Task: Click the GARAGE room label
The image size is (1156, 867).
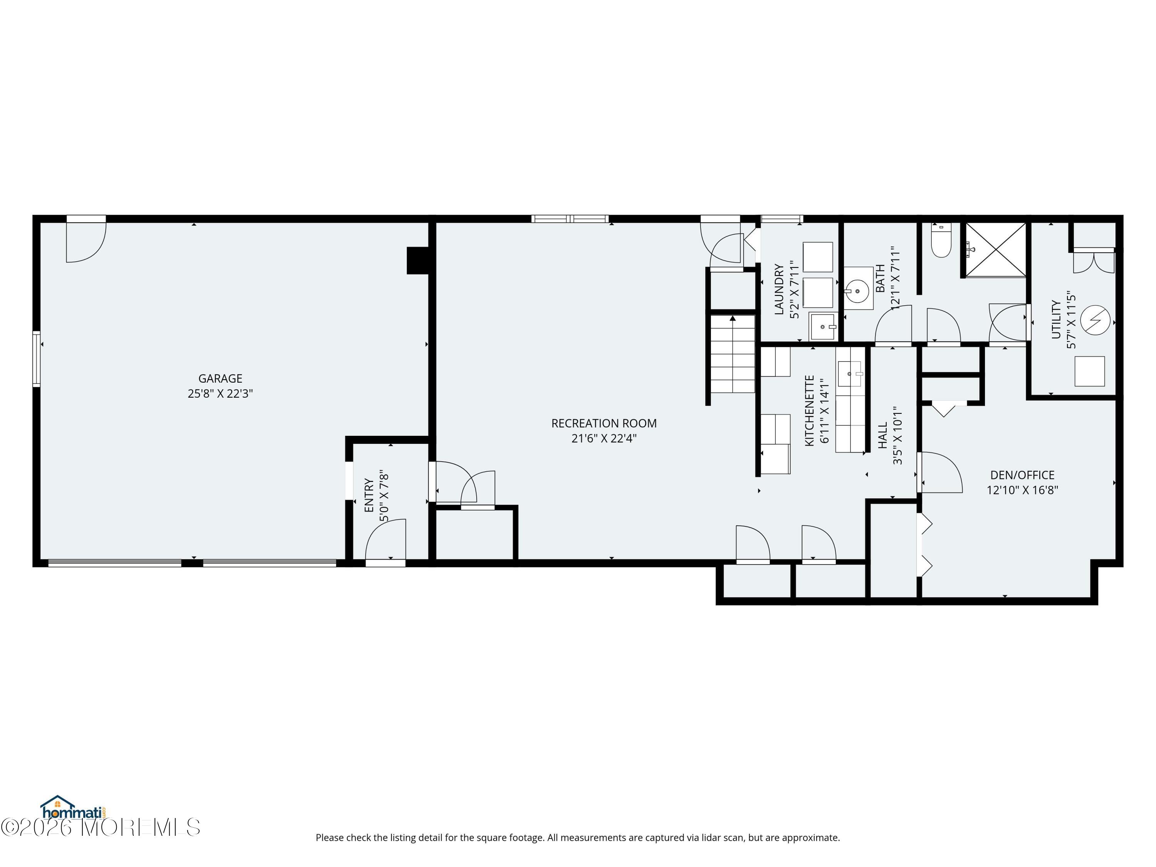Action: (x=220, y=378)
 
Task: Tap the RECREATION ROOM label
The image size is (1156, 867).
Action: (x=603, y=423)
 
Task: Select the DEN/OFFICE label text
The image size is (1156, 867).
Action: (x=1022, y=475)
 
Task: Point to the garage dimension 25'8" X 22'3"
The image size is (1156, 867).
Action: (x=220, y=393)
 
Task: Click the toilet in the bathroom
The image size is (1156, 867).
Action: (x=942, y=240)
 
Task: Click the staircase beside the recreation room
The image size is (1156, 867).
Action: (x=732, y=354)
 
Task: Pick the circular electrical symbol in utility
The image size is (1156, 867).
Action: (x=1095, y=320)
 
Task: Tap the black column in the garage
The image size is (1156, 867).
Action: (x=418, y=260)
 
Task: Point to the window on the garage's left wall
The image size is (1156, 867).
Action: (x=37, y=358)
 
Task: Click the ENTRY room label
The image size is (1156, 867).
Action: (x=370, y=496)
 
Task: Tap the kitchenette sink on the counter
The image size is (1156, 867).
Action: (x=849, y=374)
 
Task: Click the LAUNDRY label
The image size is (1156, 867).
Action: (x=779, y=289)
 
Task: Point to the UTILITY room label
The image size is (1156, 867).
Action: (x=1056, y=319)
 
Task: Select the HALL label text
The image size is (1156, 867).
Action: (x=883, y=436)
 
